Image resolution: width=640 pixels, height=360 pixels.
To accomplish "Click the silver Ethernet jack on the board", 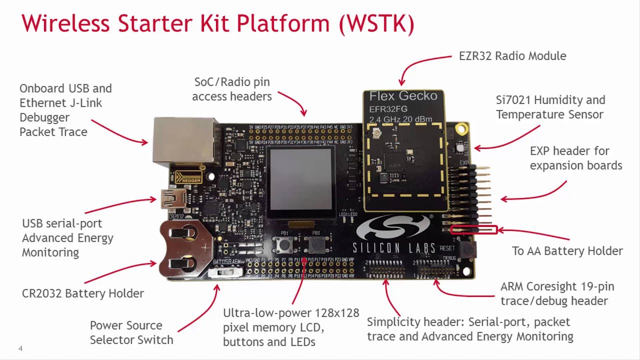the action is [x=186, y=141].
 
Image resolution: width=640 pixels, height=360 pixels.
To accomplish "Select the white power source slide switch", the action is [x=225, y=272].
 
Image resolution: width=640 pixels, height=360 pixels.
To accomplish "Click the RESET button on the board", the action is [x=468, y=249].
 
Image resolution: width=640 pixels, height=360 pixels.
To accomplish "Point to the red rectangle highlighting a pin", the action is [x=474, y=230].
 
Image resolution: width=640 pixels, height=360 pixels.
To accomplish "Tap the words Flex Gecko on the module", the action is [x=403, y=95].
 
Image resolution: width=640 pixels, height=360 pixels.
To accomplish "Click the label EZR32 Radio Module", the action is [x=512, y=56].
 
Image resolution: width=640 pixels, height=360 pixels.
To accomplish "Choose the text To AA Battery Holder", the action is [x=567, y=251].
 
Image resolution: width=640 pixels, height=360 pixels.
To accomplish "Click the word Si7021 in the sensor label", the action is [x=512, y=100].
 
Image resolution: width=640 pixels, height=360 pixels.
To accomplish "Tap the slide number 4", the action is [x=20, y=348].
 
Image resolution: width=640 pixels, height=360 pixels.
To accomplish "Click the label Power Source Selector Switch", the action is [x=131, y=332].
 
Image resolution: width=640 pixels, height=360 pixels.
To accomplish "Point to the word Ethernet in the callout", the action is [x=44, y=103].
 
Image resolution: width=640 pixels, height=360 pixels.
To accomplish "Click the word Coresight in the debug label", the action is [x=551, y=287].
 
